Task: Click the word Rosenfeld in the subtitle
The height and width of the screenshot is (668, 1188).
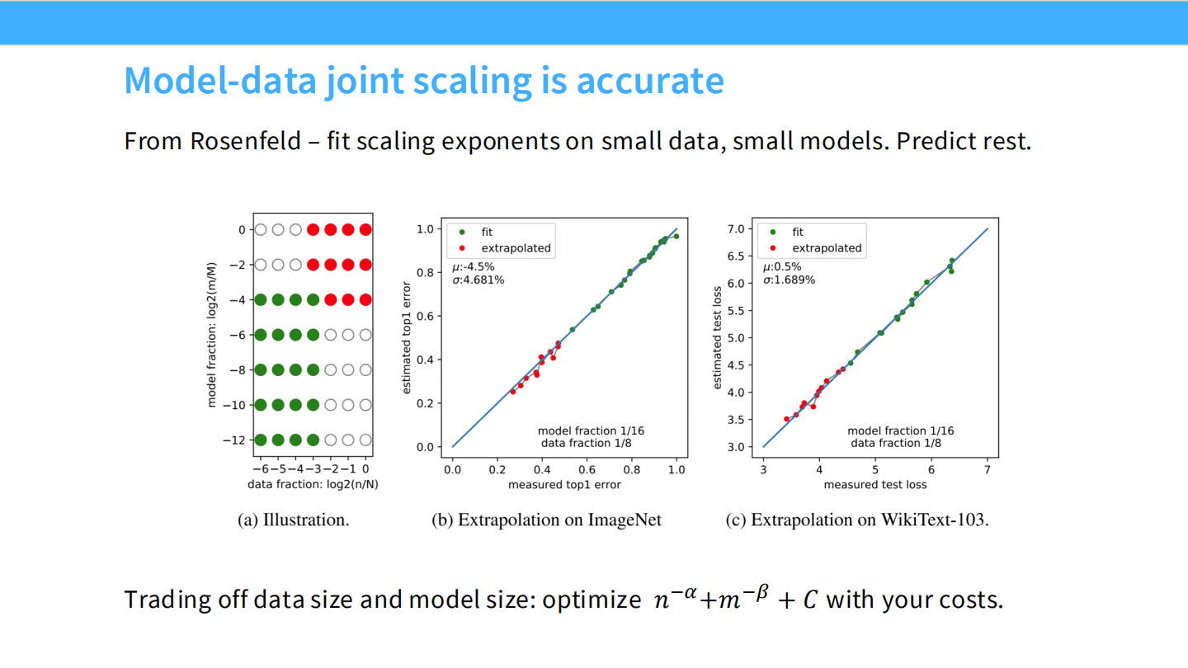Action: [245, 141]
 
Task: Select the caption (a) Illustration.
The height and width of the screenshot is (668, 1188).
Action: [293, 520]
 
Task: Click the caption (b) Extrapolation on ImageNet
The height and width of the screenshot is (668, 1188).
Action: [546, 520]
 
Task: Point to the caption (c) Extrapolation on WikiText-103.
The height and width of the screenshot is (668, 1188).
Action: [856, 520]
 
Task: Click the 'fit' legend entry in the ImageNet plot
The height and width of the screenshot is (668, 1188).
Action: [487, 233]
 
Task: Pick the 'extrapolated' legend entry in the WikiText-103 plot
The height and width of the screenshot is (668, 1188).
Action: [827, 247]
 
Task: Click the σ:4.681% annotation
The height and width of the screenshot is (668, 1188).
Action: [478, 280]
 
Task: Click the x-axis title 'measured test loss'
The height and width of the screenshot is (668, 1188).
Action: [874, 484]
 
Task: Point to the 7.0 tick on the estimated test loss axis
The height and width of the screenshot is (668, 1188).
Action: [734, 228]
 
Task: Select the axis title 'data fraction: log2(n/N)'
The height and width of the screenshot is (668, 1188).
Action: [313, 484]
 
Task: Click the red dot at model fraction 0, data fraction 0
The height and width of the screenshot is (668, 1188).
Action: [365, 230]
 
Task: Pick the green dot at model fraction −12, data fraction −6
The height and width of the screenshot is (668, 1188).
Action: [261, 440]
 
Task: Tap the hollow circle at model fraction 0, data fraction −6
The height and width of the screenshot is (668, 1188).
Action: [261, 230]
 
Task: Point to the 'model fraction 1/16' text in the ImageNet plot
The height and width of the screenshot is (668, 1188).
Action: [590, 430]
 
